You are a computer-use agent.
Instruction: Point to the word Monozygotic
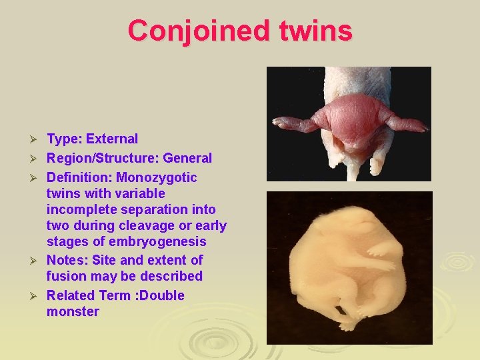tap(157, 178)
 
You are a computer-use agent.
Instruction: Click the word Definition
tap(79, 178)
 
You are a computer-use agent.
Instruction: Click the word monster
tap(73, 311)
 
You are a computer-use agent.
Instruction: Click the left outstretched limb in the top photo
tap(293, 123)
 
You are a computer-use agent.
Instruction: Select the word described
tap(171, 276)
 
